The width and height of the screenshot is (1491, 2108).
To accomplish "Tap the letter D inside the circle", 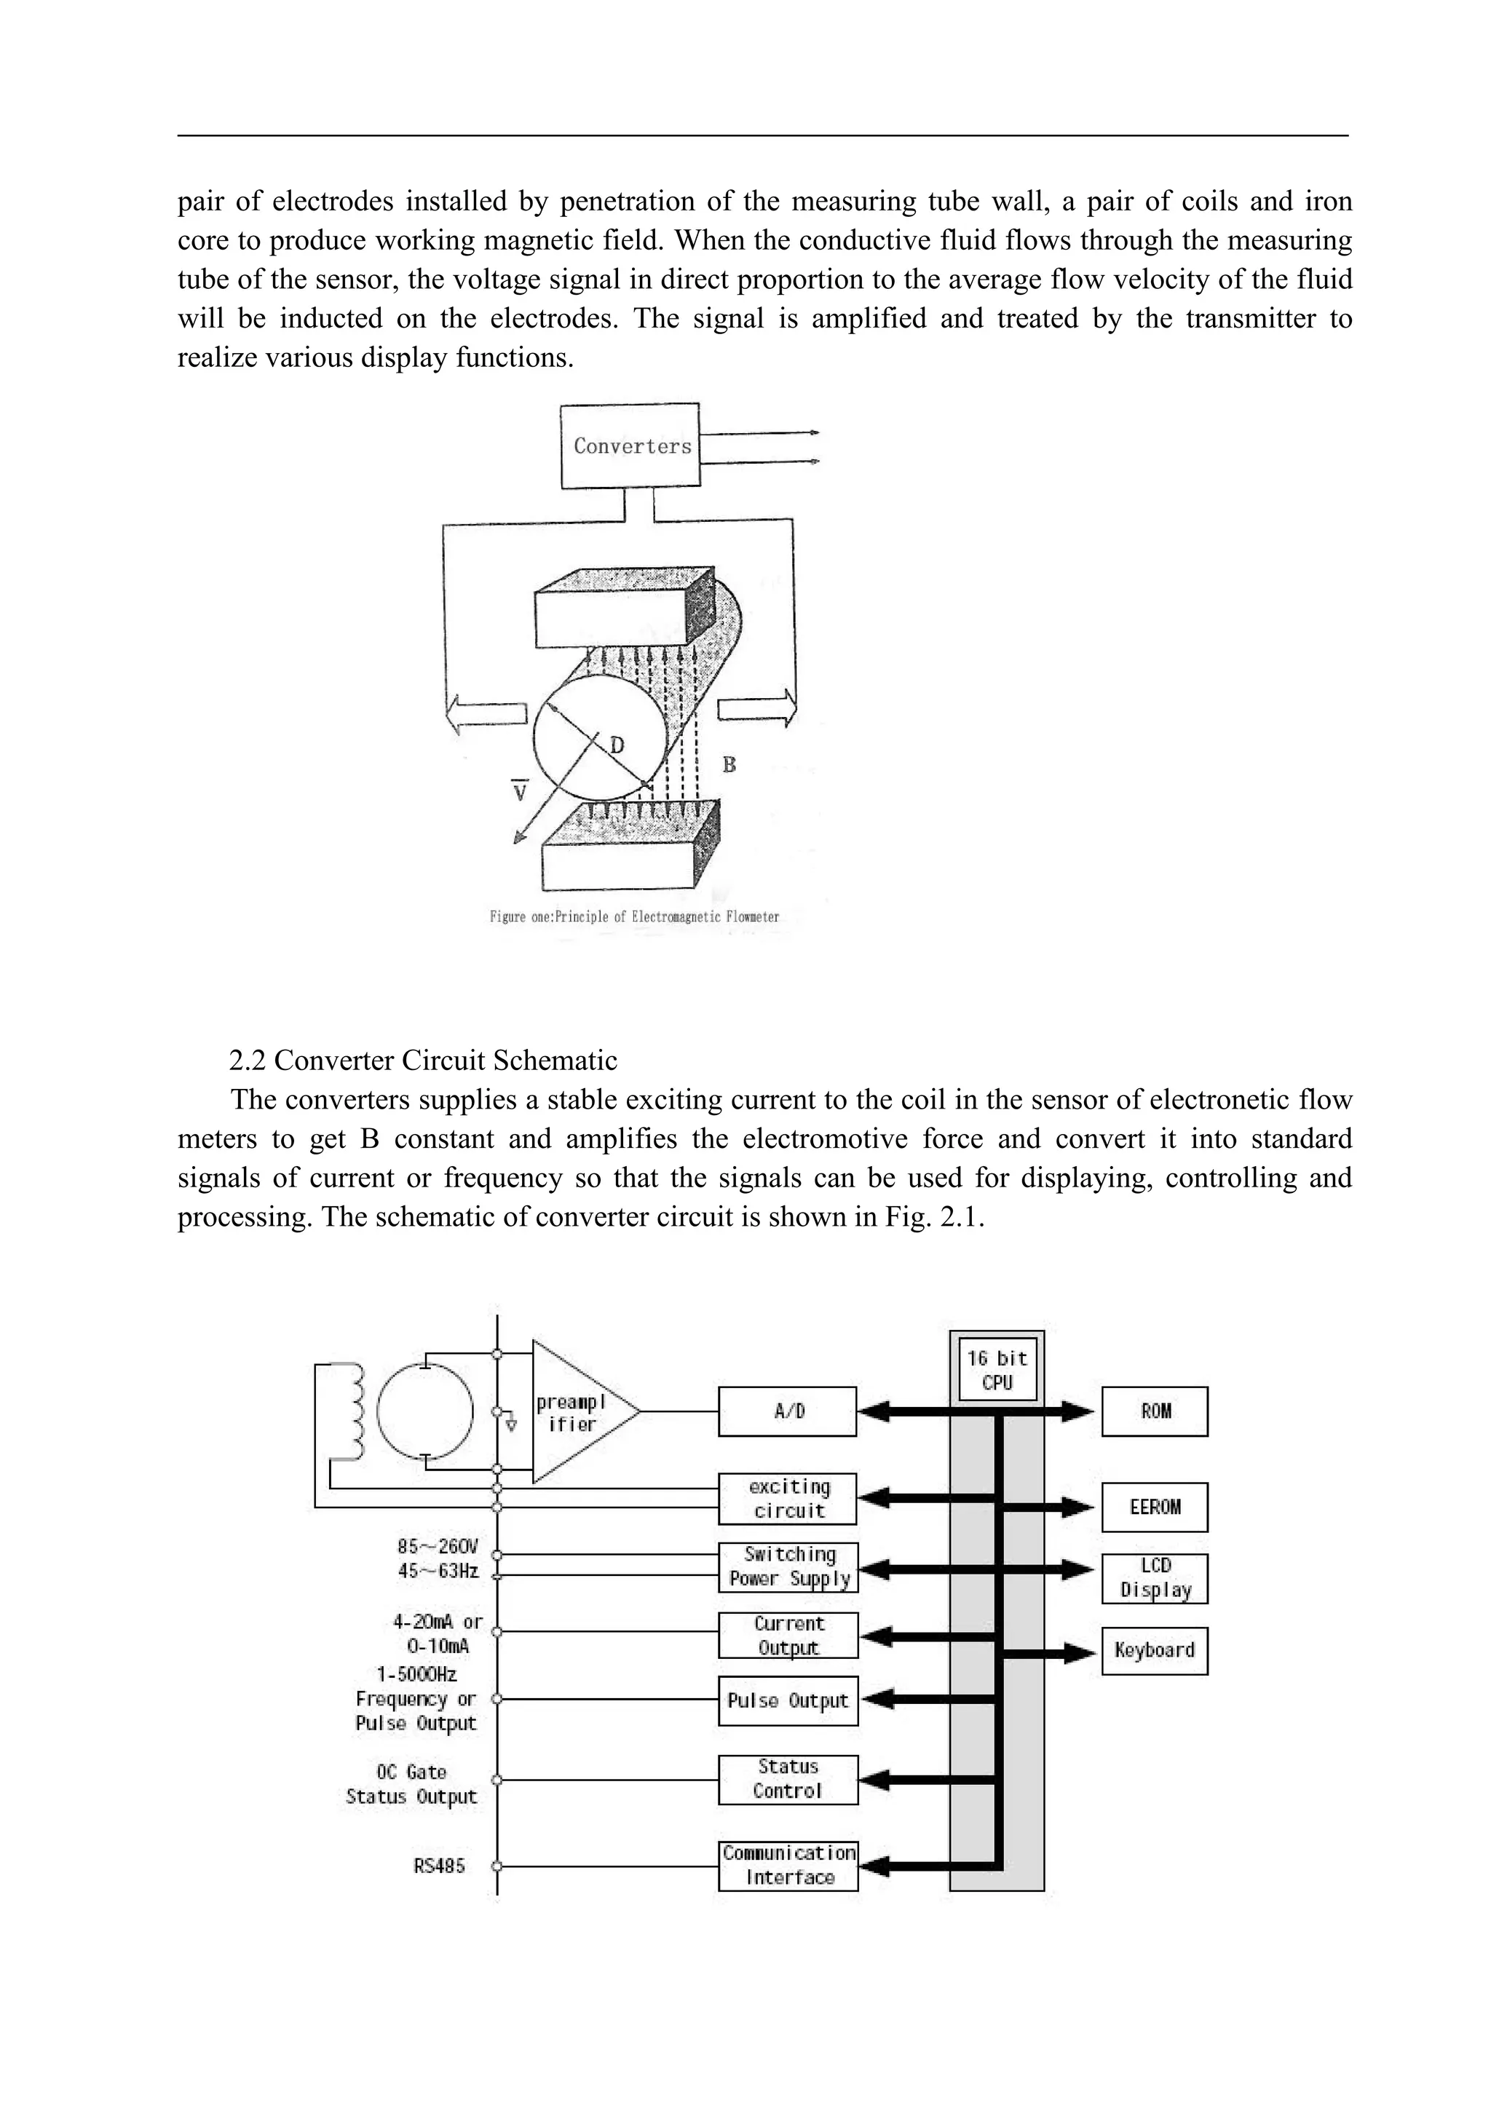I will click(617, 745).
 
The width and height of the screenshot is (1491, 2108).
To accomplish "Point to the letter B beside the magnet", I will click(729, 764).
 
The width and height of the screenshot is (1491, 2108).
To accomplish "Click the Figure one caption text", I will click(633, 916).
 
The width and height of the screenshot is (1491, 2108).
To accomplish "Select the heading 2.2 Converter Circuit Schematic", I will click(422, 1061).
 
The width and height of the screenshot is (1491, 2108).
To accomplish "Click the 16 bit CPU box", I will click(997, 1370).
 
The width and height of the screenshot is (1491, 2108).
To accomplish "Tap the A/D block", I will click(788, 1411).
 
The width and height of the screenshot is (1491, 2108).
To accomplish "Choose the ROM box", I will click(1155, 1411).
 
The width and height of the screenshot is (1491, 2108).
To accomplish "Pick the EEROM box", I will click(1155, 1507).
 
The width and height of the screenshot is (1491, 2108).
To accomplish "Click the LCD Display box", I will click(1155, 1578).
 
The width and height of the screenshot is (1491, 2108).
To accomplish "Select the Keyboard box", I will click(1155, 1650).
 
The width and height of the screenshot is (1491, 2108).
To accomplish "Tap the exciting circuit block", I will click(788, 1498).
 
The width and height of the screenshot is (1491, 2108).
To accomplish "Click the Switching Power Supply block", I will click(788, 1566).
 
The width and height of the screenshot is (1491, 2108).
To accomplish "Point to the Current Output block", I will click(788, 1635).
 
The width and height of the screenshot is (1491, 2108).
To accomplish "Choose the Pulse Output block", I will click(788, 1700).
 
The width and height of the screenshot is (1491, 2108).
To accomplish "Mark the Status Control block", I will click(788, 1778).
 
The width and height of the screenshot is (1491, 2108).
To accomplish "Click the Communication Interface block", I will click(788, 1865).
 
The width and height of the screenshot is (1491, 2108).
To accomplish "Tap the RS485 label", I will click(439, 1866).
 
